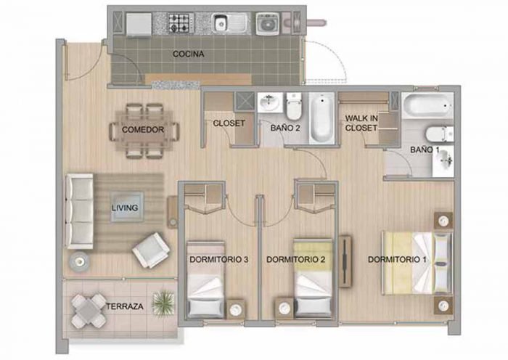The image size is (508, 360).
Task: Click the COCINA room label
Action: (x=188, y=54)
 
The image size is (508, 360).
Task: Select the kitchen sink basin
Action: (x=221, y=23)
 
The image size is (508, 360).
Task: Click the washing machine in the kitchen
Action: (x=268, y=23)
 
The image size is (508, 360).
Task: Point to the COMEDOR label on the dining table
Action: (x=143, y=130)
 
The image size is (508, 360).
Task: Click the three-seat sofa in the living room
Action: (x=80, y=211)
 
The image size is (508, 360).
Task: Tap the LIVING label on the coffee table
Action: (x=125, y=208)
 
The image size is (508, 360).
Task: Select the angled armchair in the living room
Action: (x=151, y=250)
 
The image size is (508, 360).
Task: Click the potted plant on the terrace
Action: (x=163, y=303)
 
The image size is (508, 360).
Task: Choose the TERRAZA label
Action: (x=125, y=306)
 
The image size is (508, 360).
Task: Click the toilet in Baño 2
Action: (x=294, y=106)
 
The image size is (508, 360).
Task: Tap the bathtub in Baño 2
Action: (x=321, y=118)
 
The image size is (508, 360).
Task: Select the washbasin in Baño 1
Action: (x=444, y=161)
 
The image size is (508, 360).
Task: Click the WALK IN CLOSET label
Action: (x=361, y=123)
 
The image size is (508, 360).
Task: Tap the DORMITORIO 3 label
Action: (x=219, y=260)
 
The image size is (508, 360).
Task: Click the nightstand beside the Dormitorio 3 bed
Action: (x=236, y=309)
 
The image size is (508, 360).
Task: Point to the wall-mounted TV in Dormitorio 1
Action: (x=345, y=262)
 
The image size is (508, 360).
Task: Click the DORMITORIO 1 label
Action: (x=397, y=260)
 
